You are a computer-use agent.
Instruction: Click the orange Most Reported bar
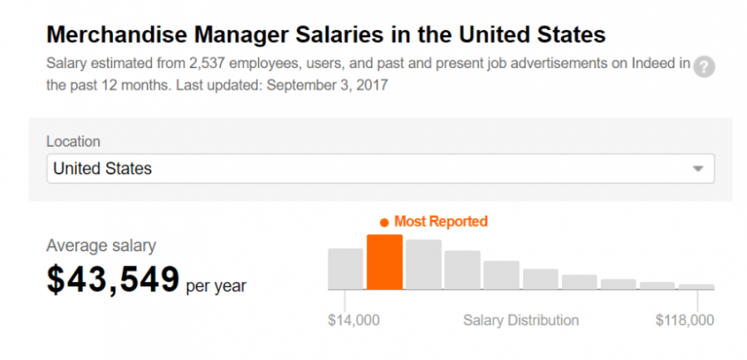(x=384, y=262)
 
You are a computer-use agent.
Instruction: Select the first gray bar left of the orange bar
(x=345, y=268)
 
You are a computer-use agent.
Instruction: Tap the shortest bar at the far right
(x=696, y=287)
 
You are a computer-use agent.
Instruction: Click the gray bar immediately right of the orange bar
(x=423, y=264)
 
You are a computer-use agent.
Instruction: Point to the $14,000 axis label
(x=354, y=320)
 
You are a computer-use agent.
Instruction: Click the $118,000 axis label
(x=685, y=320)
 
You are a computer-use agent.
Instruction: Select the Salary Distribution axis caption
(x=520, y=320)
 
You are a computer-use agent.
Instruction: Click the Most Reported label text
(x=441, y=221)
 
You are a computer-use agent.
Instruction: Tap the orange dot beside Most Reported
(x=383, y=222)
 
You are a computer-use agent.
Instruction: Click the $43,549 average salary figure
(x=113, y=280)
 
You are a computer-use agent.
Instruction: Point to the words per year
(x=216, y=286)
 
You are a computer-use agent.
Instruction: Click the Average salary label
(x=100, y=246)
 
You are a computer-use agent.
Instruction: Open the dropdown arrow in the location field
(x=697, y=168)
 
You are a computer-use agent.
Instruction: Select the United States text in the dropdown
(x=102, y=168)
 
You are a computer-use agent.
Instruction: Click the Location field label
(x=73, y=142)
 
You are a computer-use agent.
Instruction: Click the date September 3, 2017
(x=329, y=85)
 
